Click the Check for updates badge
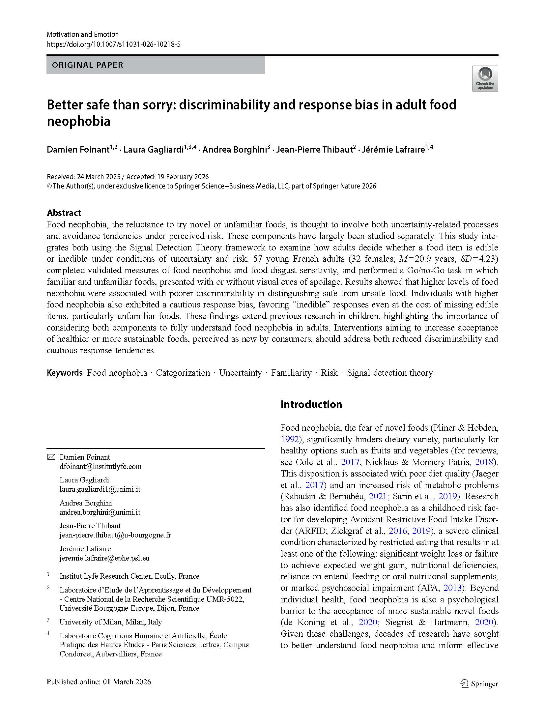[485, 79]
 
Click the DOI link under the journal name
[114, 44]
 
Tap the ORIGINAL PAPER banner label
[88, 65]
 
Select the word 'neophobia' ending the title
[78, 122]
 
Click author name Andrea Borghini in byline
[234, 150]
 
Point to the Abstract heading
[64, 213]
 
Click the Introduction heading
[311, 404]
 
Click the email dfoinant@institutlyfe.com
[100, 466]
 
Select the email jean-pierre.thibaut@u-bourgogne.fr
[115, 535]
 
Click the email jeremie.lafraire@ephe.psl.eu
[104, 558]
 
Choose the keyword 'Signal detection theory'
[389, 373]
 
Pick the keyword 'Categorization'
[183, 373]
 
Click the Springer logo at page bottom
[479, 684]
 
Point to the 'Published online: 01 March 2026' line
[99, 682]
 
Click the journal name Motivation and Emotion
[83, 34]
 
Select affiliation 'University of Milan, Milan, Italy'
[111, 622]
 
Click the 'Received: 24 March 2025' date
[84, 177]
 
